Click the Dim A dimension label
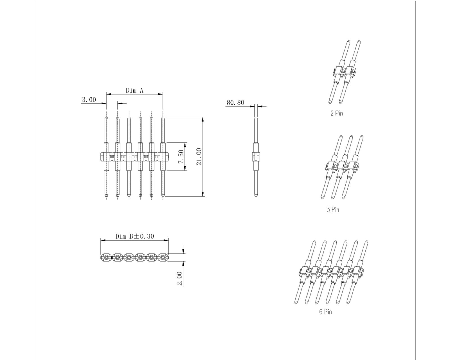click(134, 91)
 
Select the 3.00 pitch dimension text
click(89, 100)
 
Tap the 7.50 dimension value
click(181, 156)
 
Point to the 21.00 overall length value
click(199, 157)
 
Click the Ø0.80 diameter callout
click(235, 103)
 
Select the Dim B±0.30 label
click(135, 236)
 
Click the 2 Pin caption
click(337, 113)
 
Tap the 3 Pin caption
click(333, 210)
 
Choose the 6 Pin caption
click(325, 312)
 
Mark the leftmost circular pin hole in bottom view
click(106, 257)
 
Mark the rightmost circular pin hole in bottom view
click(163, 257)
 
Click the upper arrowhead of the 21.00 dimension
click(203, 119)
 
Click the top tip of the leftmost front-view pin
click(106, 118)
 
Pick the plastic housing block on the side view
click(256, 157)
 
